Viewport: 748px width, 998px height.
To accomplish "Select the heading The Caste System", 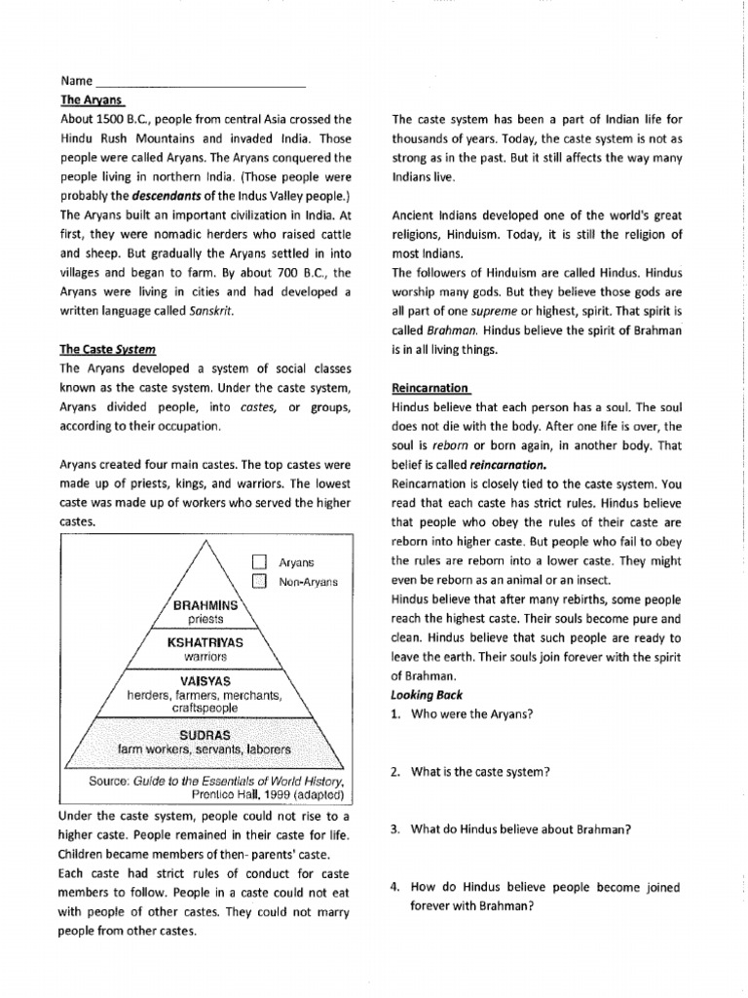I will [x=108, y=348].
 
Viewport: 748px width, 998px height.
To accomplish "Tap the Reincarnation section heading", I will [x=430, y=387].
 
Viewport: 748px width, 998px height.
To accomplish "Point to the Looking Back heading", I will [x=428, y=695].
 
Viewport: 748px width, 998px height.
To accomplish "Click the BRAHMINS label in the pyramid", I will [x=206, y=605].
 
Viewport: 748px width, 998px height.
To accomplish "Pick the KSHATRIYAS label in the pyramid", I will [x=206, y=644].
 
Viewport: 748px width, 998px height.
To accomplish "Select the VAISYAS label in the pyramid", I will [x=206, y=679].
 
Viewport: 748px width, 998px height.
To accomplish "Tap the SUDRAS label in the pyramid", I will [x=206, y=734].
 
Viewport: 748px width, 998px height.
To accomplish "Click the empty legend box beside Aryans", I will [x=259, y=562].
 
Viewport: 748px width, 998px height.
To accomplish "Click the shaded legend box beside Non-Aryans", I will [x=259, y=582].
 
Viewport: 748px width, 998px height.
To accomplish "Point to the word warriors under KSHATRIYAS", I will [x=206, y=658].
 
